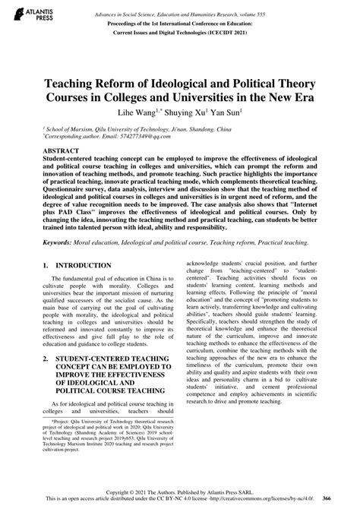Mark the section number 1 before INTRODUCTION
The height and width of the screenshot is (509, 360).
coord(46,266)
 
